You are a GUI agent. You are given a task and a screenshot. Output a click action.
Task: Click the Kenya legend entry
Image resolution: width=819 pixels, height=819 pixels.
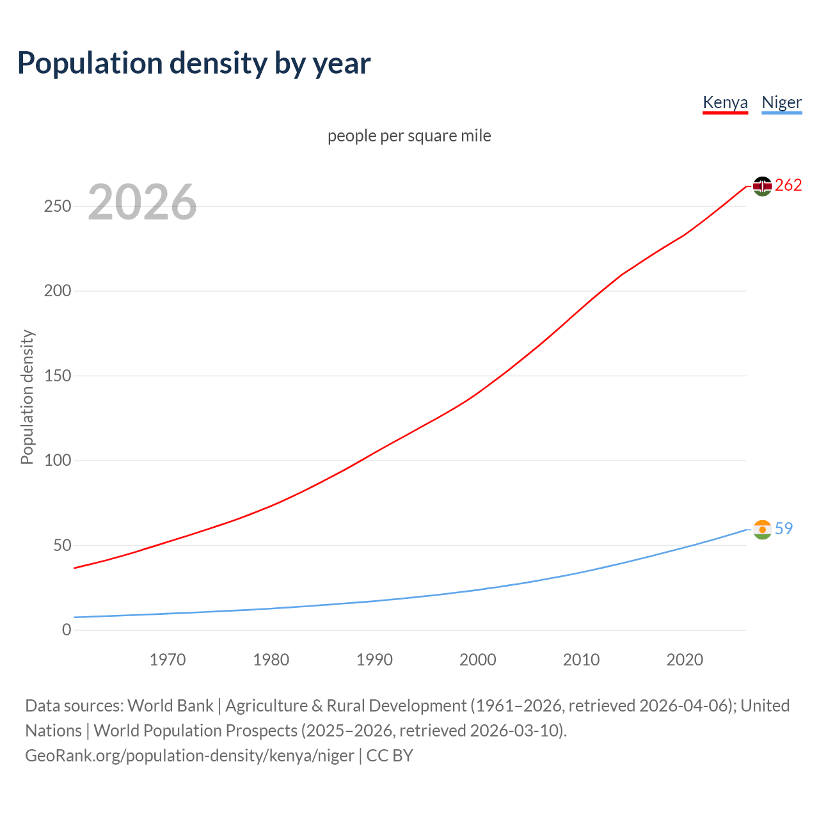pos(725,102)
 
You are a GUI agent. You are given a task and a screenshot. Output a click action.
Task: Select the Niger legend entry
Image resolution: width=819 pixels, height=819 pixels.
pos(781,102)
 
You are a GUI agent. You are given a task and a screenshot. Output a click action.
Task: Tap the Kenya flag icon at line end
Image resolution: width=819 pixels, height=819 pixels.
pos(762,186)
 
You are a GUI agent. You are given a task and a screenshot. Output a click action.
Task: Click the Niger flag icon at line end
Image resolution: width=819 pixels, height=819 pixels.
pos(762,530)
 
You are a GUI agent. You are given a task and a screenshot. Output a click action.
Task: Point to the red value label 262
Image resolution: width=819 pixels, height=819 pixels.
pos(788,186)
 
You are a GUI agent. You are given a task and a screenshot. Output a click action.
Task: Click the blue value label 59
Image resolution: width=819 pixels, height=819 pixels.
pos(784,529)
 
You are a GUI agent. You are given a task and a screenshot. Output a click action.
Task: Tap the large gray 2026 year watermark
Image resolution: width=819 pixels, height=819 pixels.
pos(142,203)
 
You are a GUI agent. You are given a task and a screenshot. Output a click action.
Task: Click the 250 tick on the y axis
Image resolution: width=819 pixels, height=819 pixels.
pos(58,207)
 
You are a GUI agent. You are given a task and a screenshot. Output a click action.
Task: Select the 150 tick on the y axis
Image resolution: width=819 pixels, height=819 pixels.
pos(58,376)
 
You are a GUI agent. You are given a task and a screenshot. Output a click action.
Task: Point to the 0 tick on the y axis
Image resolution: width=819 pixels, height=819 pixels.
pos(67,630)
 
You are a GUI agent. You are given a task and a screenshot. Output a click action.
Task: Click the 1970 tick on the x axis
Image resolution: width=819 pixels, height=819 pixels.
pos(168,660)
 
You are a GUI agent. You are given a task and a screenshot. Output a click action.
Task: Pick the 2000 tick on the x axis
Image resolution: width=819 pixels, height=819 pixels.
pos(478,660)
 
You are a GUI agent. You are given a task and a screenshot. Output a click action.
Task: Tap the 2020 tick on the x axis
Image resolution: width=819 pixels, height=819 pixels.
pos(685,660)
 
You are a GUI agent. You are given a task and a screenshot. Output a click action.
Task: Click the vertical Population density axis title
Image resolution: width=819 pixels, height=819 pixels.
pos(27,397)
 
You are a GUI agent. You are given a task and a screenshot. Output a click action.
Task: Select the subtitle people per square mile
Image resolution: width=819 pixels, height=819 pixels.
pos(409,136)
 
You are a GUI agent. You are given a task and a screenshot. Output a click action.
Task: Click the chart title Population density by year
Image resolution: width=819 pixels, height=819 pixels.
pos(194,63)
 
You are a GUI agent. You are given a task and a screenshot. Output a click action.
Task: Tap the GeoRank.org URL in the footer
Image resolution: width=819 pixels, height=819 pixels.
pos(189,756)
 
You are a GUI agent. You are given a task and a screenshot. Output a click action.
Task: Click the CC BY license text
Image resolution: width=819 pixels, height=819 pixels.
pos(390,756)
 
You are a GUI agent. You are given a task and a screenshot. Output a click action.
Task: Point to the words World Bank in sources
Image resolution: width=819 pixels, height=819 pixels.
pos(170,706)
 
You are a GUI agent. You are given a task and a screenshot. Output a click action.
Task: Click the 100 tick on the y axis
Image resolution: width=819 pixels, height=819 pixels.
pos(58,461)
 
